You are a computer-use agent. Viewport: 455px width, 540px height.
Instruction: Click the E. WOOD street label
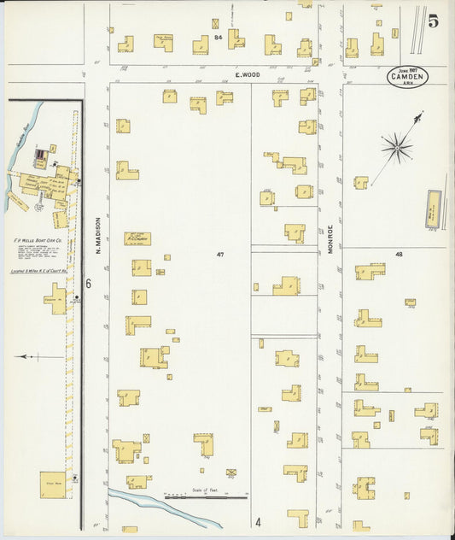(250, 75)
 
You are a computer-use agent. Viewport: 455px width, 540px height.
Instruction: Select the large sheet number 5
(434, 21)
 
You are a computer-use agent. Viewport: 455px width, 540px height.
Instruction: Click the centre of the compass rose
(397, 149)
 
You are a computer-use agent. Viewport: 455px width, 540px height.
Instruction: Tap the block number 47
(219, 255)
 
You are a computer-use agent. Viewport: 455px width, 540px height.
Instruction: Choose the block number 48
(398, 255)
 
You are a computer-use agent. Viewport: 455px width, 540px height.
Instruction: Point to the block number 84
(219, 38)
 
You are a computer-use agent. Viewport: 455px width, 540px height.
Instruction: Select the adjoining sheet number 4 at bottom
(256, 521)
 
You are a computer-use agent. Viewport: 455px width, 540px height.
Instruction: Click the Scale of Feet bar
(205, 496)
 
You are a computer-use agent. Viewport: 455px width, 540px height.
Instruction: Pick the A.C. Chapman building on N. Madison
(137, 238)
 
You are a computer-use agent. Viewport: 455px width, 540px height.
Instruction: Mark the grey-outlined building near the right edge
(433, 209)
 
